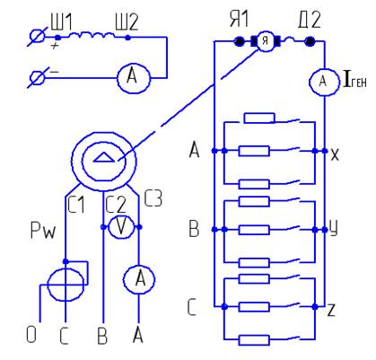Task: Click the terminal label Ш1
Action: coord(61,22)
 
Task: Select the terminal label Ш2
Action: coord(127,22)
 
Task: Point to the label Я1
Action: coord(239,19)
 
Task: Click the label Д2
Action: coord(310,20)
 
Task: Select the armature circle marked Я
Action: coord(266,41)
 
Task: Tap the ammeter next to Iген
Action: coord(324,81)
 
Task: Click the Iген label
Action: coord(355,81)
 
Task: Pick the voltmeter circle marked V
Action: coord(121,227)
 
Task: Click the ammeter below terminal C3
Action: coord(139,279)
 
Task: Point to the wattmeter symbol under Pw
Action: coord(66,285)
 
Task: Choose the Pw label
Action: coord(43,231)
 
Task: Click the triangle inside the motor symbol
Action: coord(104,157)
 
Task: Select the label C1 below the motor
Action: coord(76,205)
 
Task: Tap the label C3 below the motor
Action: coord(153,198)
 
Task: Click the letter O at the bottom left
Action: coord(31,335)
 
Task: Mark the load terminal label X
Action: coord(335,154)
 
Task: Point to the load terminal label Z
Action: coord(331,311)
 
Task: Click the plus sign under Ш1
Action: coord(54,46)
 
